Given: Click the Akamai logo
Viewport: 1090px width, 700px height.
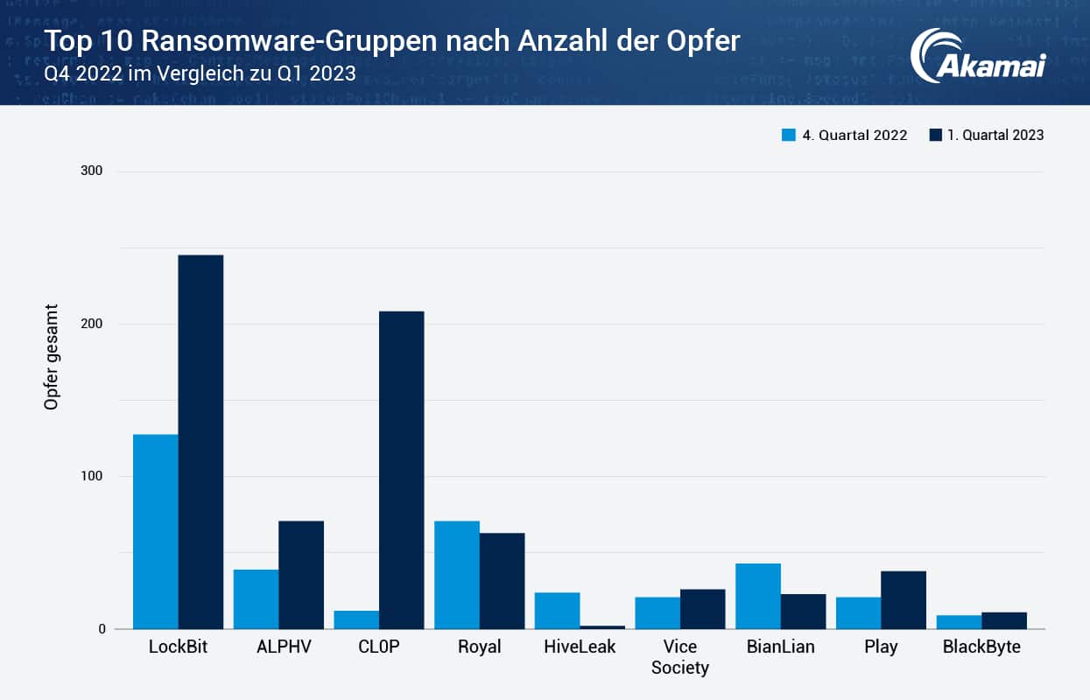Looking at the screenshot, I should click(977, 57).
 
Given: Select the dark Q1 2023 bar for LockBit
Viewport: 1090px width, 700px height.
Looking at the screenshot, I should click(200, 442).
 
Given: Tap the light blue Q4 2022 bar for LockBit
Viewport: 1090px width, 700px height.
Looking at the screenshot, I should click(155, 531).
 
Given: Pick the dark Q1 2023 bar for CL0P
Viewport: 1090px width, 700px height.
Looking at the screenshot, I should click(401, 470).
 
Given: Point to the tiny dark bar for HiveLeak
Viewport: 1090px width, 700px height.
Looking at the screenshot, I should click(602, 626).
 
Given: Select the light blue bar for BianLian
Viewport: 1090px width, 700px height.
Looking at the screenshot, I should click(758, 596).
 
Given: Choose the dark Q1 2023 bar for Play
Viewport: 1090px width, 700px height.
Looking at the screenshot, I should click(904, 599).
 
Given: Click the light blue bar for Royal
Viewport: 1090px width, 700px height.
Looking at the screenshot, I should click(457, 575).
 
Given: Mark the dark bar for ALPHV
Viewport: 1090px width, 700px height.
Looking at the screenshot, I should click(301, 575).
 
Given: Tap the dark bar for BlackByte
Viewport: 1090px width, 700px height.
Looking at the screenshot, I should click(1004, 620).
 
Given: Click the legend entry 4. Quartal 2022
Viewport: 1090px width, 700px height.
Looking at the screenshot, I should click(844, 135).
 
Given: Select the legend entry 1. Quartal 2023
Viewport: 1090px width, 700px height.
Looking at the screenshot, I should click(986, 135).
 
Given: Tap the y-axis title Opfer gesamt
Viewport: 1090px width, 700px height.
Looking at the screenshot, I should click(52, 357).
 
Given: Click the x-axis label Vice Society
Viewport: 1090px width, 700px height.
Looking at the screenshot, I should click(679, 657).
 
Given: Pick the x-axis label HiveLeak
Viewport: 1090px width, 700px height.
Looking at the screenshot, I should click(580, 647).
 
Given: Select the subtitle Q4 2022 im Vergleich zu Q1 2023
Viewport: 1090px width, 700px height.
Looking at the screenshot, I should click(200, 73).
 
